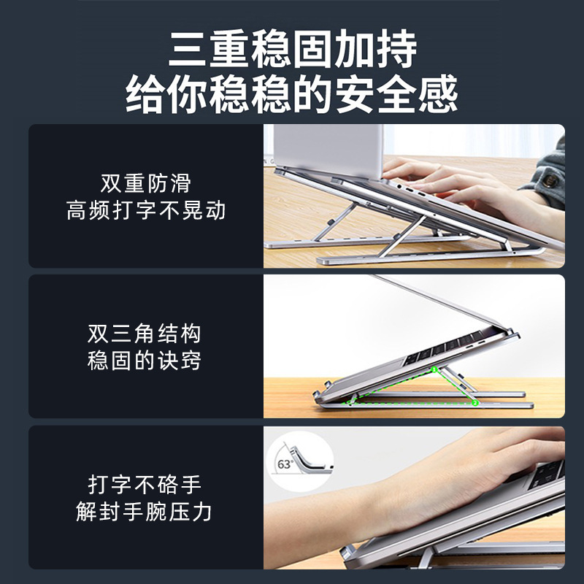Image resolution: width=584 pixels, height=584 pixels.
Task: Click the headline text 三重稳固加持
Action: point(292,50)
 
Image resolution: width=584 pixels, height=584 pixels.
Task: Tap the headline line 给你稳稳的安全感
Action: point(292,95)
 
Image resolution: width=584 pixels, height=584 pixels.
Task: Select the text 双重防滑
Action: point(145,182)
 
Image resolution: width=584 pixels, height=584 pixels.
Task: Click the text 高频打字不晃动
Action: point(145,211)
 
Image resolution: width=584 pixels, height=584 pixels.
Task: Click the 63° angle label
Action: point(283,464)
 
